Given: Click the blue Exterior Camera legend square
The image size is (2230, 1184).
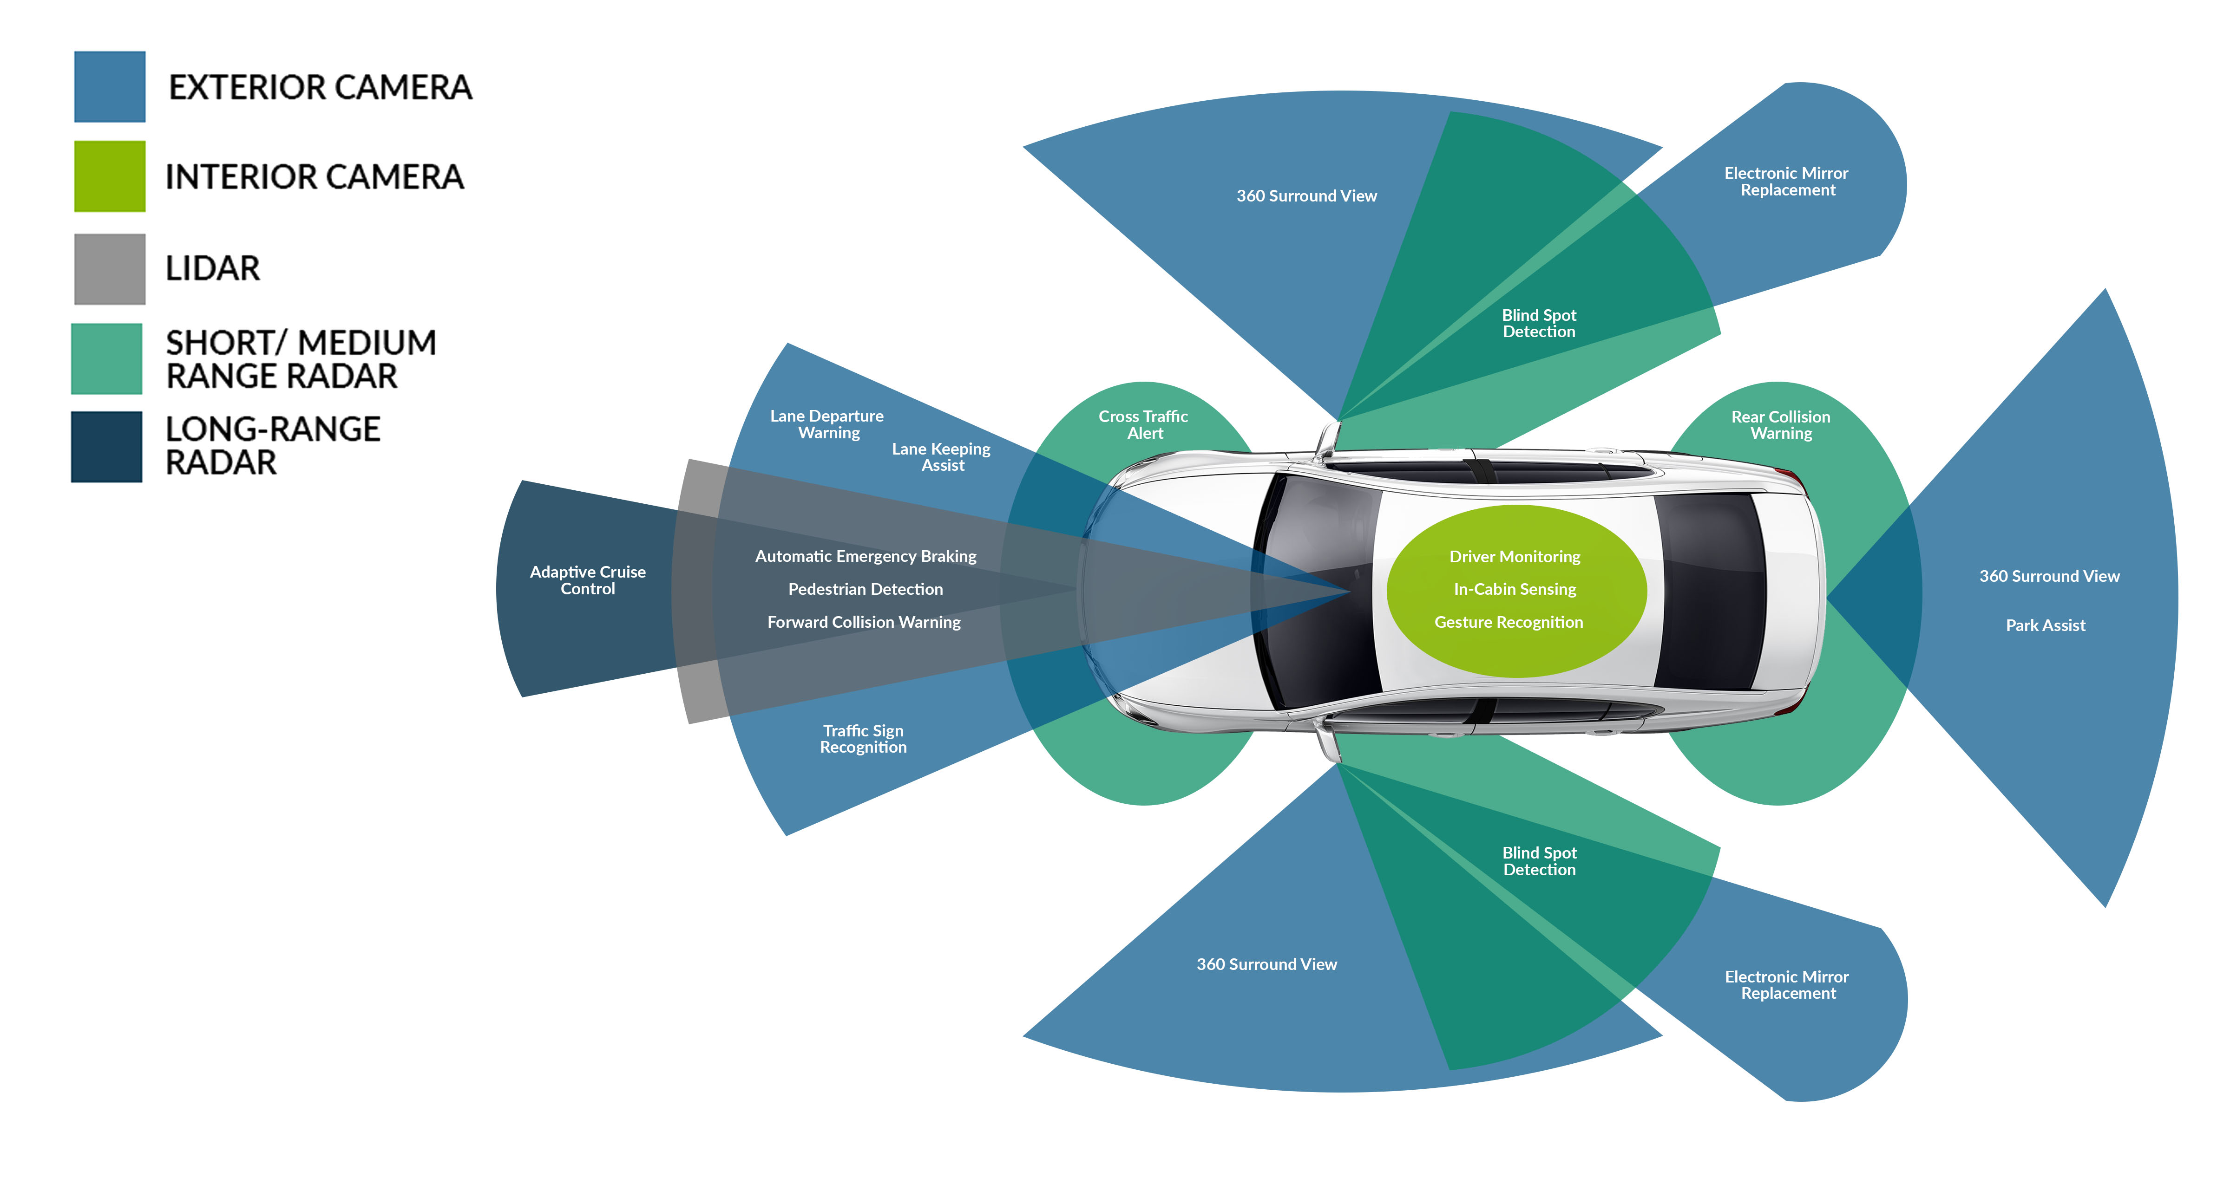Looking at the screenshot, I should pos(109,86).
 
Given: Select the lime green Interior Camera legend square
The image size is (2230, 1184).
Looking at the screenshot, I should pos(109,176).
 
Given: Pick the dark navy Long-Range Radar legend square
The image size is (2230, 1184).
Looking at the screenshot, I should pos(106,447).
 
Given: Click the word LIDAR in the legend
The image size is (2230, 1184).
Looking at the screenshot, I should pos(212,268).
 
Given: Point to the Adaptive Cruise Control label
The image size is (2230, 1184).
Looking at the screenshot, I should pos(588,580).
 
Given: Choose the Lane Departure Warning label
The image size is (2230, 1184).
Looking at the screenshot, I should pos(827,424).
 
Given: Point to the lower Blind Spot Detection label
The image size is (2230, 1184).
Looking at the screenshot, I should pos(1539,861).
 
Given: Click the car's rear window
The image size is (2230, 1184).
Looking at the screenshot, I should pos(1710,591).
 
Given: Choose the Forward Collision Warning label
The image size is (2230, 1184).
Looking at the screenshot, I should pos(864,622).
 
